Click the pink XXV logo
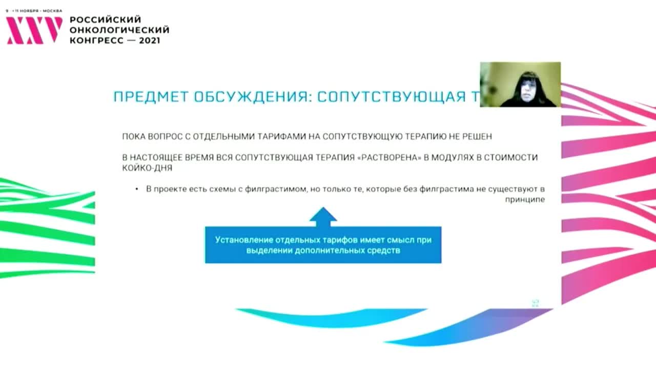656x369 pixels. (x=34, y=30)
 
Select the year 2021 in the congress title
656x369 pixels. (x=149, y=40)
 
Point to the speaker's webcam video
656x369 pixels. (x=520, y=85)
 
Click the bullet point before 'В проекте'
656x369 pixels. (x=137, y=190)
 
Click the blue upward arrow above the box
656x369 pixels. (x=323, y=216)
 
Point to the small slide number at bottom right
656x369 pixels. (x=536, y=303)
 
